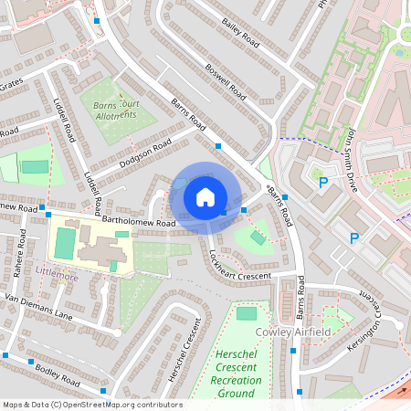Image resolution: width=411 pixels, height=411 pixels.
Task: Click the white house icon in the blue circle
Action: [x=205, y=196]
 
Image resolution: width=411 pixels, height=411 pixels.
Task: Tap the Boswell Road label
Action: [x=227, y=81]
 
